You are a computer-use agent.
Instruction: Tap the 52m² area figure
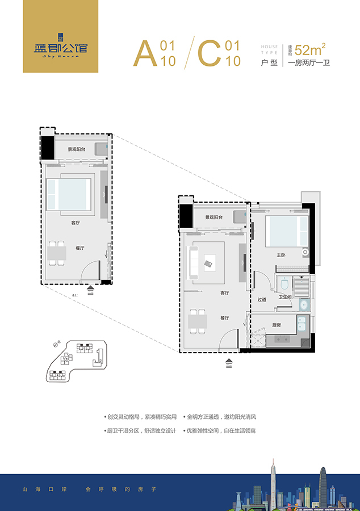(x=310, y=49)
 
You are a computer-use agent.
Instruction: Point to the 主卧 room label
(x=281, y=255)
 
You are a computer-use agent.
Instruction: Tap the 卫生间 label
(x=284, y=297)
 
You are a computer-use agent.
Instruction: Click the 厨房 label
(x=277, y=325)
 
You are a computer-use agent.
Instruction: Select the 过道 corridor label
(x=261, y=300)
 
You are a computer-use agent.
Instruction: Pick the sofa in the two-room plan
(x=194, y=262)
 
